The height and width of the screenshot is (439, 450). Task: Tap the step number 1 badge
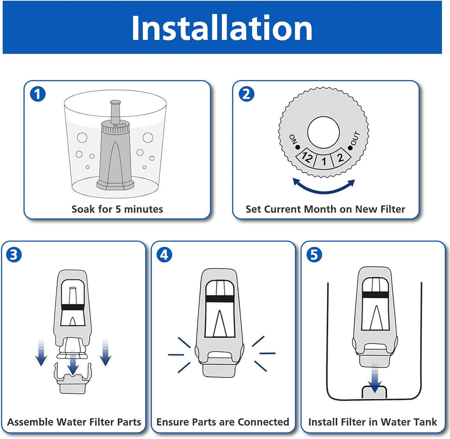(x=38, y=94)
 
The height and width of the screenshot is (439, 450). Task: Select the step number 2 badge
(x=247, y=94)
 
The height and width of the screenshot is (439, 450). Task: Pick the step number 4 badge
(x=164, y=255)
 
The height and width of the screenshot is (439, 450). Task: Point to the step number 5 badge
(x=314, y=255)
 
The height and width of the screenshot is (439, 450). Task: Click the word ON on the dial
(x=293, y=140)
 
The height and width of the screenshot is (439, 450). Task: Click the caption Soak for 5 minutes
(x=117, y=209)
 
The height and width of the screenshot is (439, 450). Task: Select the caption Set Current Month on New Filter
(x=325, y=209)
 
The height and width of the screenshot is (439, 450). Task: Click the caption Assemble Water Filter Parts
(x=74, y=422)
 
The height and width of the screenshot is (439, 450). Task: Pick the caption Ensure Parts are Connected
(x=223, y=422)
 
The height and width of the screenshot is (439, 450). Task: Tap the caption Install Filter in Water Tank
(x=373, y=422)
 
